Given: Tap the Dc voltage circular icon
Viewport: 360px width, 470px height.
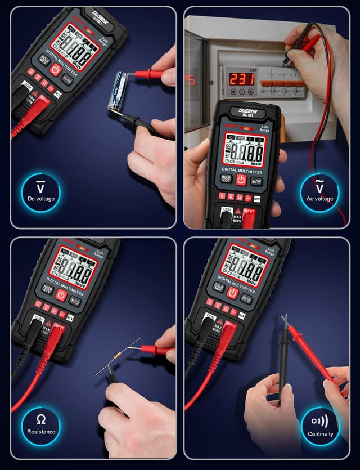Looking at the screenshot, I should click(40, 193).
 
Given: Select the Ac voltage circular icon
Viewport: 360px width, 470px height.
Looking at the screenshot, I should click(319, 193).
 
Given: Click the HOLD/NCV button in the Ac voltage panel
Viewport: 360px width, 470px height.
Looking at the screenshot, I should click(226, 178).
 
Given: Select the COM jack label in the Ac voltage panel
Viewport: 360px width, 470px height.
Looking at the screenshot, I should click(227, 209).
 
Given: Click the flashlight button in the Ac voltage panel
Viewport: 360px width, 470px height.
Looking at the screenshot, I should click(256, 181).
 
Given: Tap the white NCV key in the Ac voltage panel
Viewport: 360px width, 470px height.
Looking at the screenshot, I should click(257, 199).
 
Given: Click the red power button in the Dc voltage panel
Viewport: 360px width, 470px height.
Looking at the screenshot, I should click(55, 69).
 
